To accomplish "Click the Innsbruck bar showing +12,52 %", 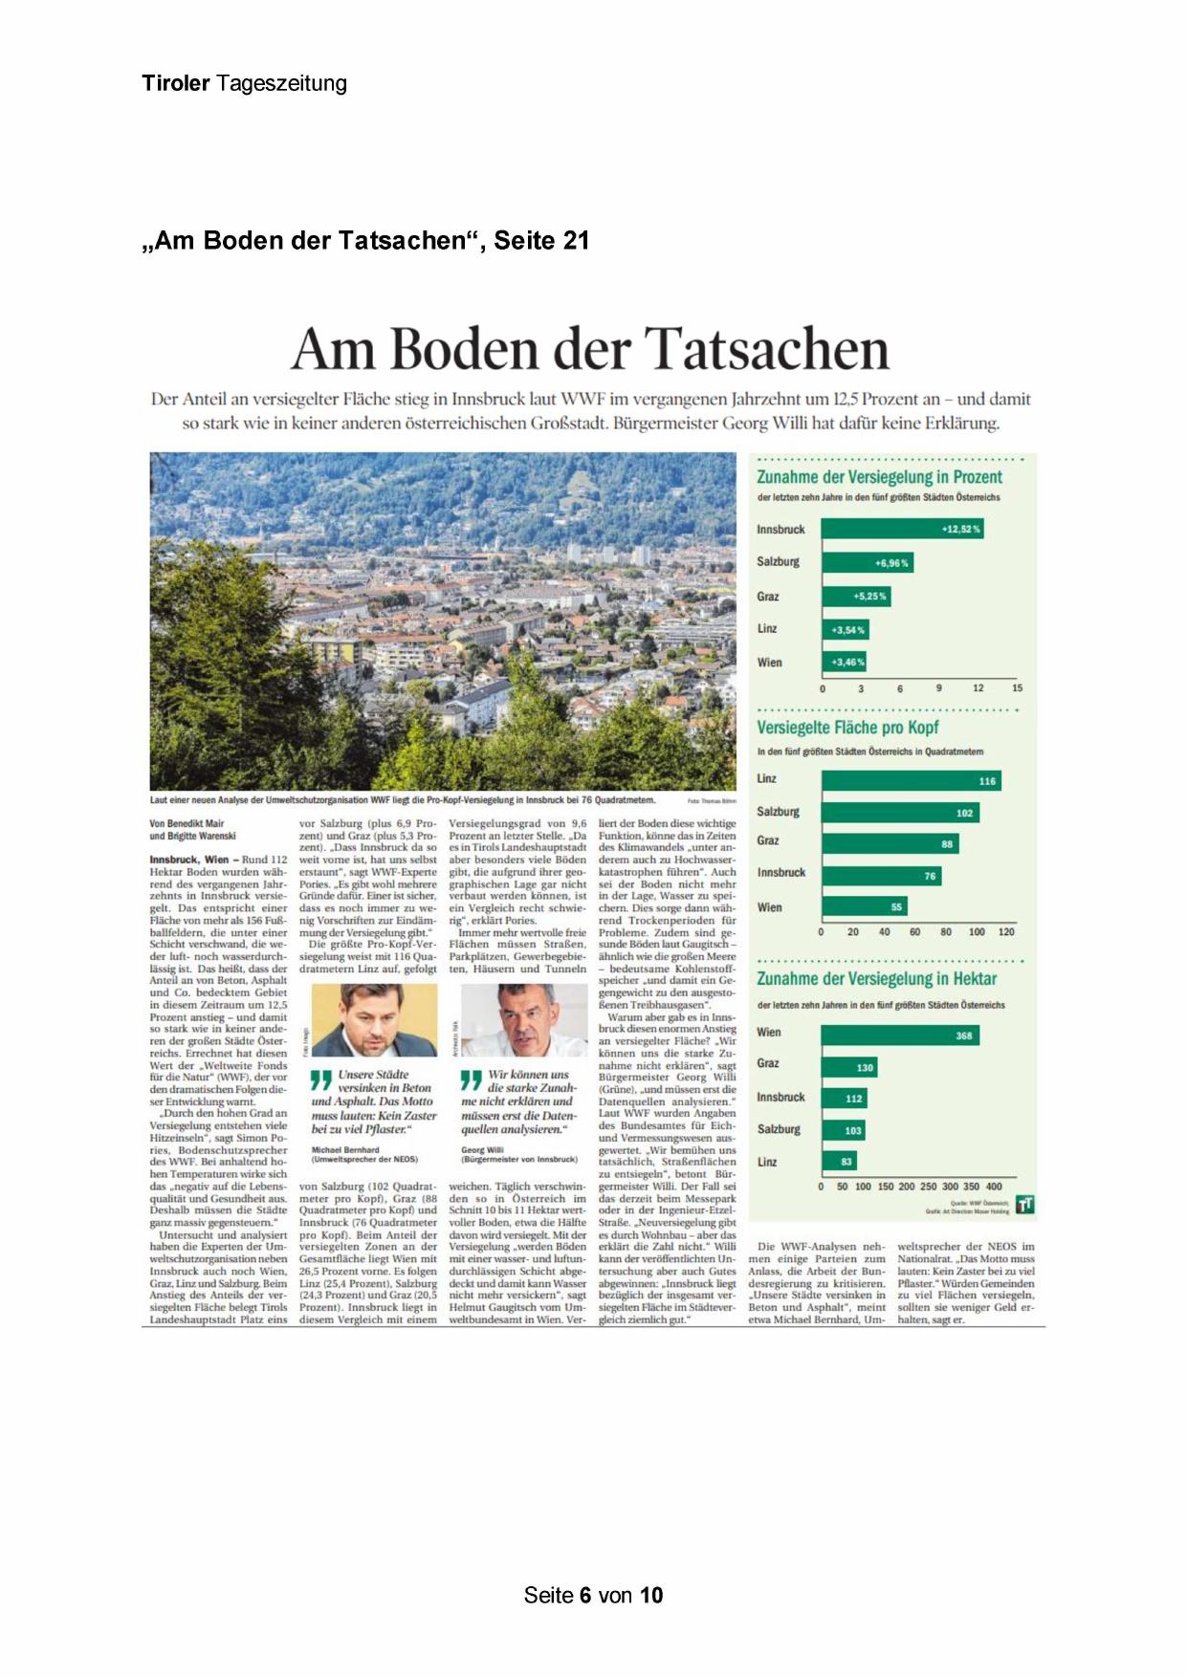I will coord(902,529).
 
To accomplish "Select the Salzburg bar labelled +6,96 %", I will coord(867,562).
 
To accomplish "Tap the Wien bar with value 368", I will coord(899,1035).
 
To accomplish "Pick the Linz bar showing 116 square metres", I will coord(911,781).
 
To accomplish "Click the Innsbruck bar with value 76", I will coord(881,876).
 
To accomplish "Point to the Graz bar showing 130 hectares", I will coord(848,1067).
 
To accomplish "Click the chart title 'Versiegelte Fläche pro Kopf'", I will coord(847,728).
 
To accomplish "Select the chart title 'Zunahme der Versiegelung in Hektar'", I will coord(876,979).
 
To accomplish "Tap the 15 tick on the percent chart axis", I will coord(1017,688).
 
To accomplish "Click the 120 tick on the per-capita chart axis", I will coord(1006,932).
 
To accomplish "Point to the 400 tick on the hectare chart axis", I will coord(994,1187).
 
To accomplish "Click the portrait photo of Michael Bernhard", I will coord(374,1020).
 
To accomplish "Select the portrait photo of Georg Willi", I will coord(523,1020).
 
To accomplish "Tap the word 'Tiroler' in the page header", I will coord(176,83).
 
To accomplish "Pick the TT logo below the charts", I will coord(1024,1205).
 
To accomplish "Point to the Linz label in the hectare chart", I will coord(767,1163).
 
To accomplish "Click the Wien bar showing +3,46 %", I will coord(845,662).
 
